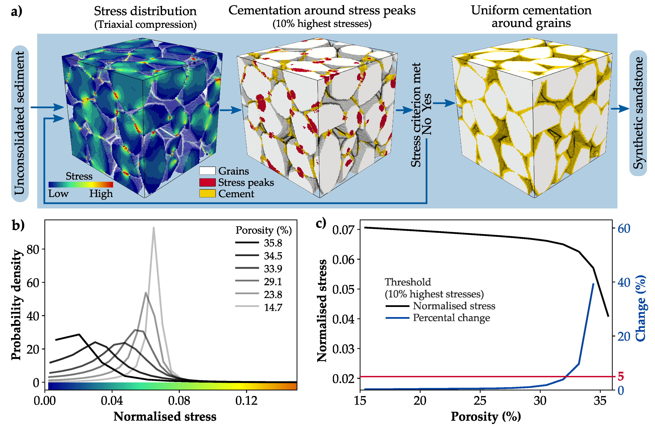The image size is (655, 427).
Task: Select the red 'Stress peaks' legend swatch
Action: click(207, 182)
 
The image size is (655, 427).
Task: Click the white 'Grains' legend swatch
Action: click(207, 171)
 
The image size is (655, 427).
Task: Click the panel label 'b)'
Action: click(18, 225)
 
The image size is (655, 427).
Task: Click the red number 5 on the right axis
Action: click(621, 376)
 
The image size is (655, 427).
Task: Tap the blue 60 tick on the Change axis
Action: click(624, 228)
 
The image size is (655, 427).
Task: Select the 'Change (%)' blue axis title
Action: click(640, 308)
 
